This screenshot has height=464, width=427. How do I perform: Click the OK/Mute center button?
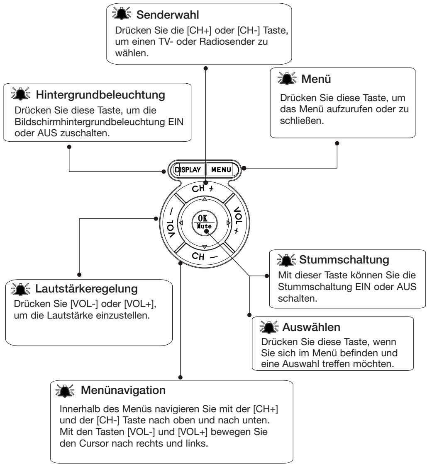coord(204,222)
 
